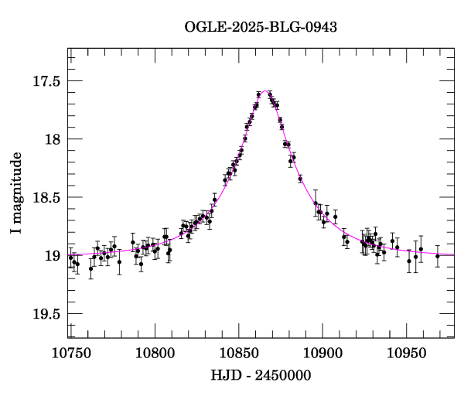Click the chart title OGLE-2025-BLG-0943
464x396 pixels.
tap(261, 27)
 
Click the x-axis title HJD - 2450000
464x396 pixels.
tap(261, 375)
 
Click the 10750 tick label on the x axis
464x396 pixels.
tap(69, 353)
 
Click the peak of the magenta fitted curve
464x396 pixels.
tap(265, 90)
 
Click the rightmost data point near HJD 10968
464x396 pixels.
tap(438, 256)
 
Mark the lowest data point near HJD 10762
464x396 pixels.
tap(90, 269)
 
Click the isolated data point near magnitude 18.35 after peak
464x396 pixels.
tap(300, 179)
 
